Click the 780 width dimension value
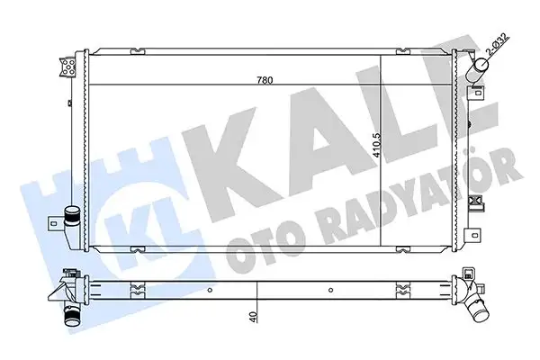(264, 79)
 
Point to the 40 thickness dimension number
(256, 316)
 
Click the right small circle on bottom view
(331, 290)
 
